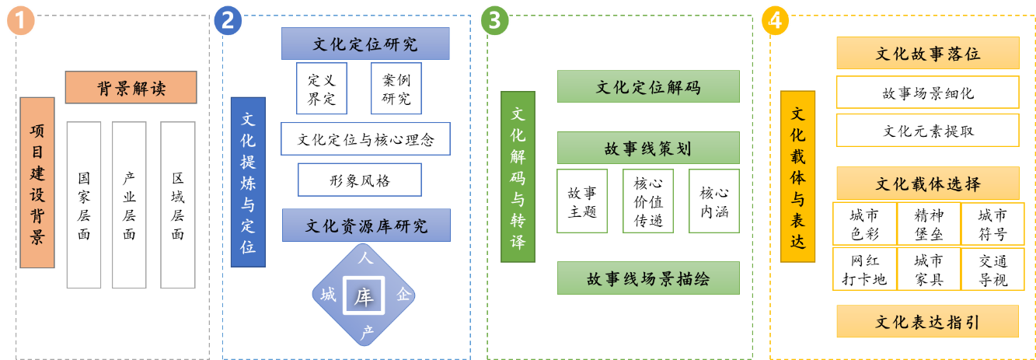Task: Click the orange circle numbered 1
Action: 22,21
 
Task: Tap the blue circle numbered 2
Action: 228,21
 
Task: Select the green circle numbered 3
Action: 495,21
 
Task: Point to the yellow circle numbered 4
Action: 775,21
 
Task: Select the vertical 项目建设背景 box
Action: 37,183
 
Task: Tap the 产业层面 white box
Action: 129,204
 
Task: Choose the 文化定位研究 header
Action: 365,44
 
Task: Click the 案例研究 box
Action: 396,89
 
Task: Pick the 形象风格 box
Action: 360,180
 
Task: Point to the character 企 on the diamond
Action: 403,295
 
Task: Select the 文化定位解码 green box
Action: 648,87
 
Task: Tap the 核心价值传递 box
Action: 648,201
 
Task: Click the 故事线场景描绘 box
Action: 648,278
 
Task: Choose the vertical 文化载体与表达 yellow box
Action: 798,177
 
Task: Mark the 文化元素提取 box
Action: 927,131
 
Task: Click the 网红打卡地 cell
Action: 864,269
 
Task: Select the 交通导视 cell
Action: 992,269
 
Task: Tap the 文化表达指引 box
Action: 927,322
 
